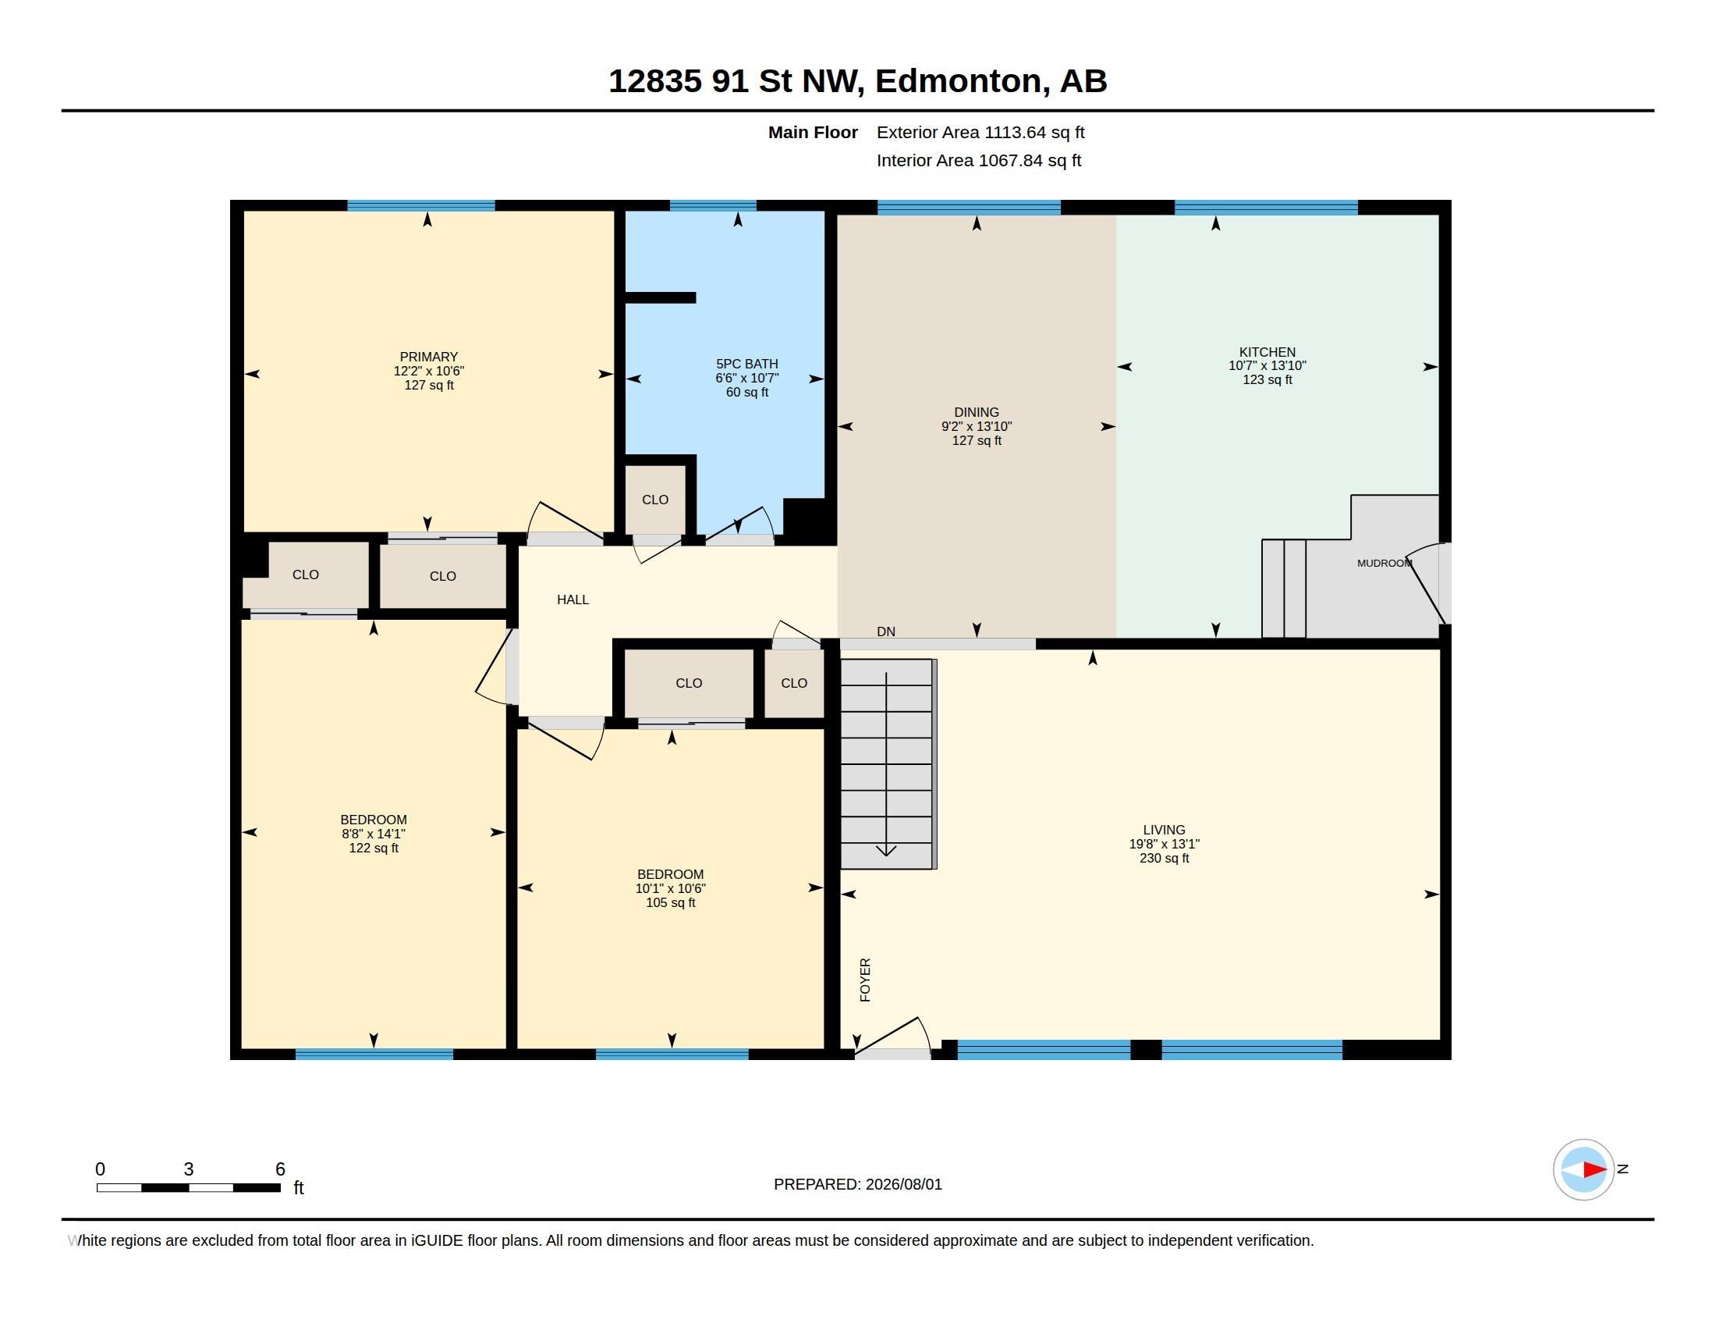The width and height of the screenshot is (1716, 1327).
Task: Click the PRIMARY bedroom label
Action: (x=428, y=357)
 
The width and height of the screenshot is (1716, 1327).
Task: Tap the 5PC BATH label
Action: (x=746, y=364)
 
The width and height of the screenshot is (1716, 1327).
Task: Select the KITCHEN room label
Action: (x=1267, y=352)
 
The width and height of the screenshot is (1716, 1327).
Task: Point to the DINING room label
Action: (x=976, y=412)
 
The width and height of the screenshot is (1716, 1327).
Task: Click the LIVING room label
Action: (x=1164, y=829)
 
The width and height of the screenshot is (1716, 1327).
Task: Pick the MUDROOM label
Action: (x=1384, y=563)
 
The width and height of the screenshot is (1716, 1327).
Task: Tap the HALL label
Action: (x=572, y=599)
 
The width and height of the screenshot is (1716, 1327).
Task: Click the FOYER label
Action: (x=865, y=980)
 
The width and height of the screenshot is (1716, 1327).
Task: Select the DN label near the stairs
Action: (x=885, y=631)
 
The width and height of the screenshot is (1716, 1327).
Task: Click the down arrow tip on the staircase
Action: (x=886, y=855)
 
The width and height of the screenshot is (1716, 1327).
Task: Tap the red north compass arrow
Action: (x=1595, y=1169)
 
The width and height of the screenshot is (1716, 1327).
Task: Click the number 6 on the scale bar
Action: (x=280, y=1169)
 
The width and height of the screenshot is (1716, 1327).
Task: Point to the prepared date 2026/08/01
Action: (x=903, y=1184)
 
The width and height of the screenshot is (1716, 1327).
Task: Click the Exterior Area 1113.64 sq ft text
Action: (x=980, y=132)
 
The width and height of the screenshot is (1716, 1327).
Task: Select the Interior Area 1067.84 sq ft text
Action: (x=979, y=160)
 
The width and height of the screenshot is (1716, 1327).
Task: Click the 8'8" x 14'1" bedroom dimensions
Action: (x=373, y=834)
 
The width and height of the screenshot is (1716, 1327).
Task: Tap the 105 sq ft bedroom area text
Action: (x=670, y=902)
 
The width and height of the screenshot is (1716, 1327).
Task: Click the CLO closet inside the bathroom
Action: (x=654, y=500)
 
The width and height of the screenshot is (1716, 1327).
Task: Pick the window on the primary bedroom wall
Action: (x=421, y=206)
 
